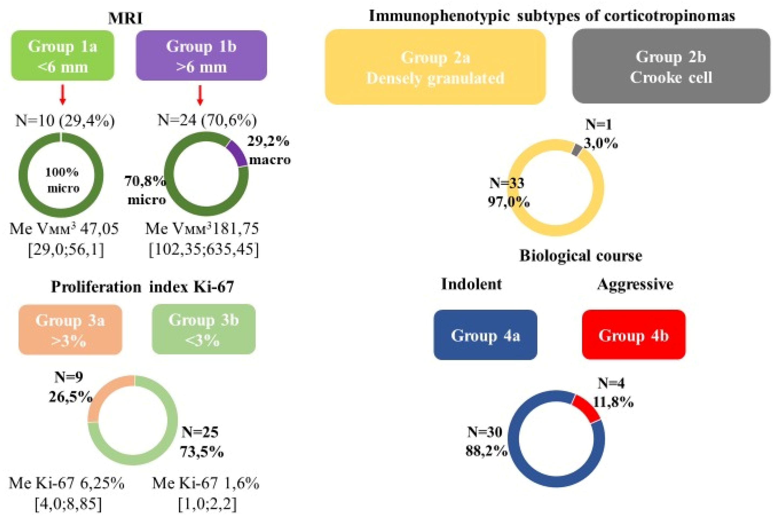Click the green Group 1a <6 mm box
point(63,56)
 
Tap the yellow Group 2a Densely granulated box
point(435,67)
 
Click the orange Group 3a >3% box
point(70,330)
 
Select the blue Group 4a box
point(485,335)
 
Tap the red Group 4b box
point(633,335)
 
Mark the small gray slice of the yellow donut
point(576,149)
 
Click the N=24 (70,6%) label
point(207,120)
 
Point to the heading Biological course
point(581,256)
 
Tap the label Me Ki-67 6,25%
point(67,483)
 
